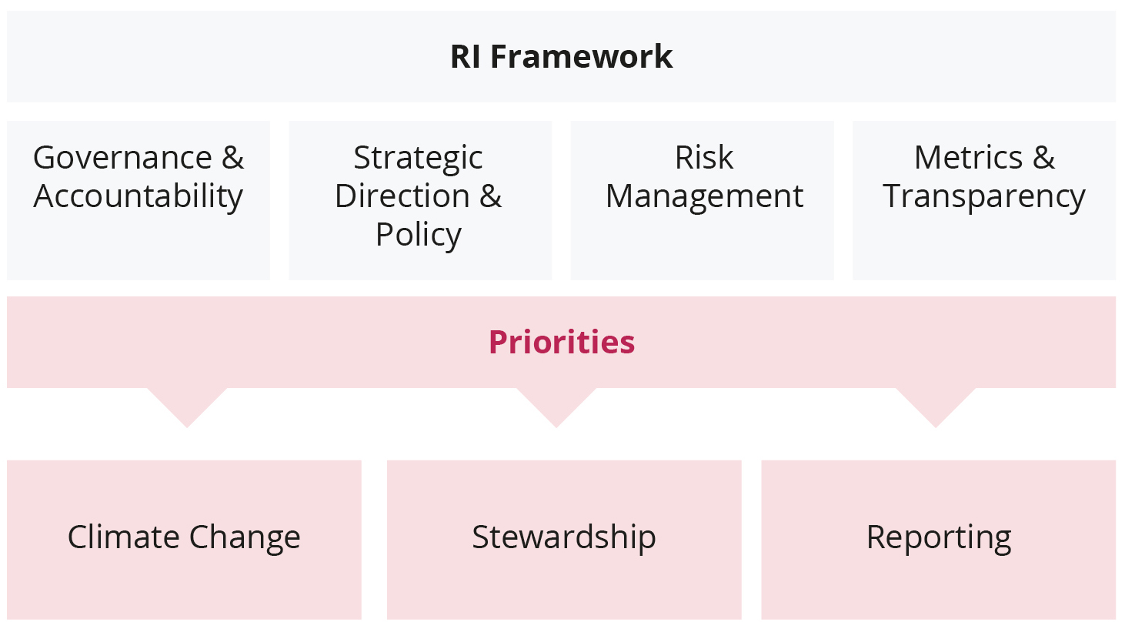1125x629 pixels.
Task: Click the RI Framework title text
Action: click(561, 56)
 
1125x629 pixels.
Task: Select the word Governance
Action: click(122, 158)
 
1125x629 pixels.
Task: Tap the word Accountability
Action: click(138, 197)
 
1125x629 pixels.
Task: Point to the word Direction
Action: click(402, 196)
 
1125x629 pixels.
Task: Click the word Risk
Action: click(703, 158)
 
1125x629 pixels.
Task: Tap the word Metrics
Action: click(968, 158)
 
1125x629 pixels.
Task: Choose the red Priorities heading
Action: click(562, 342)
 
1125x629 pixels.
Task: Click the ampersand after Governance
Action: click(232, 158)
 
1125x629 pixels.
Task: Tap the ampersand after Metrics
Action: click(1043, 158)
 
